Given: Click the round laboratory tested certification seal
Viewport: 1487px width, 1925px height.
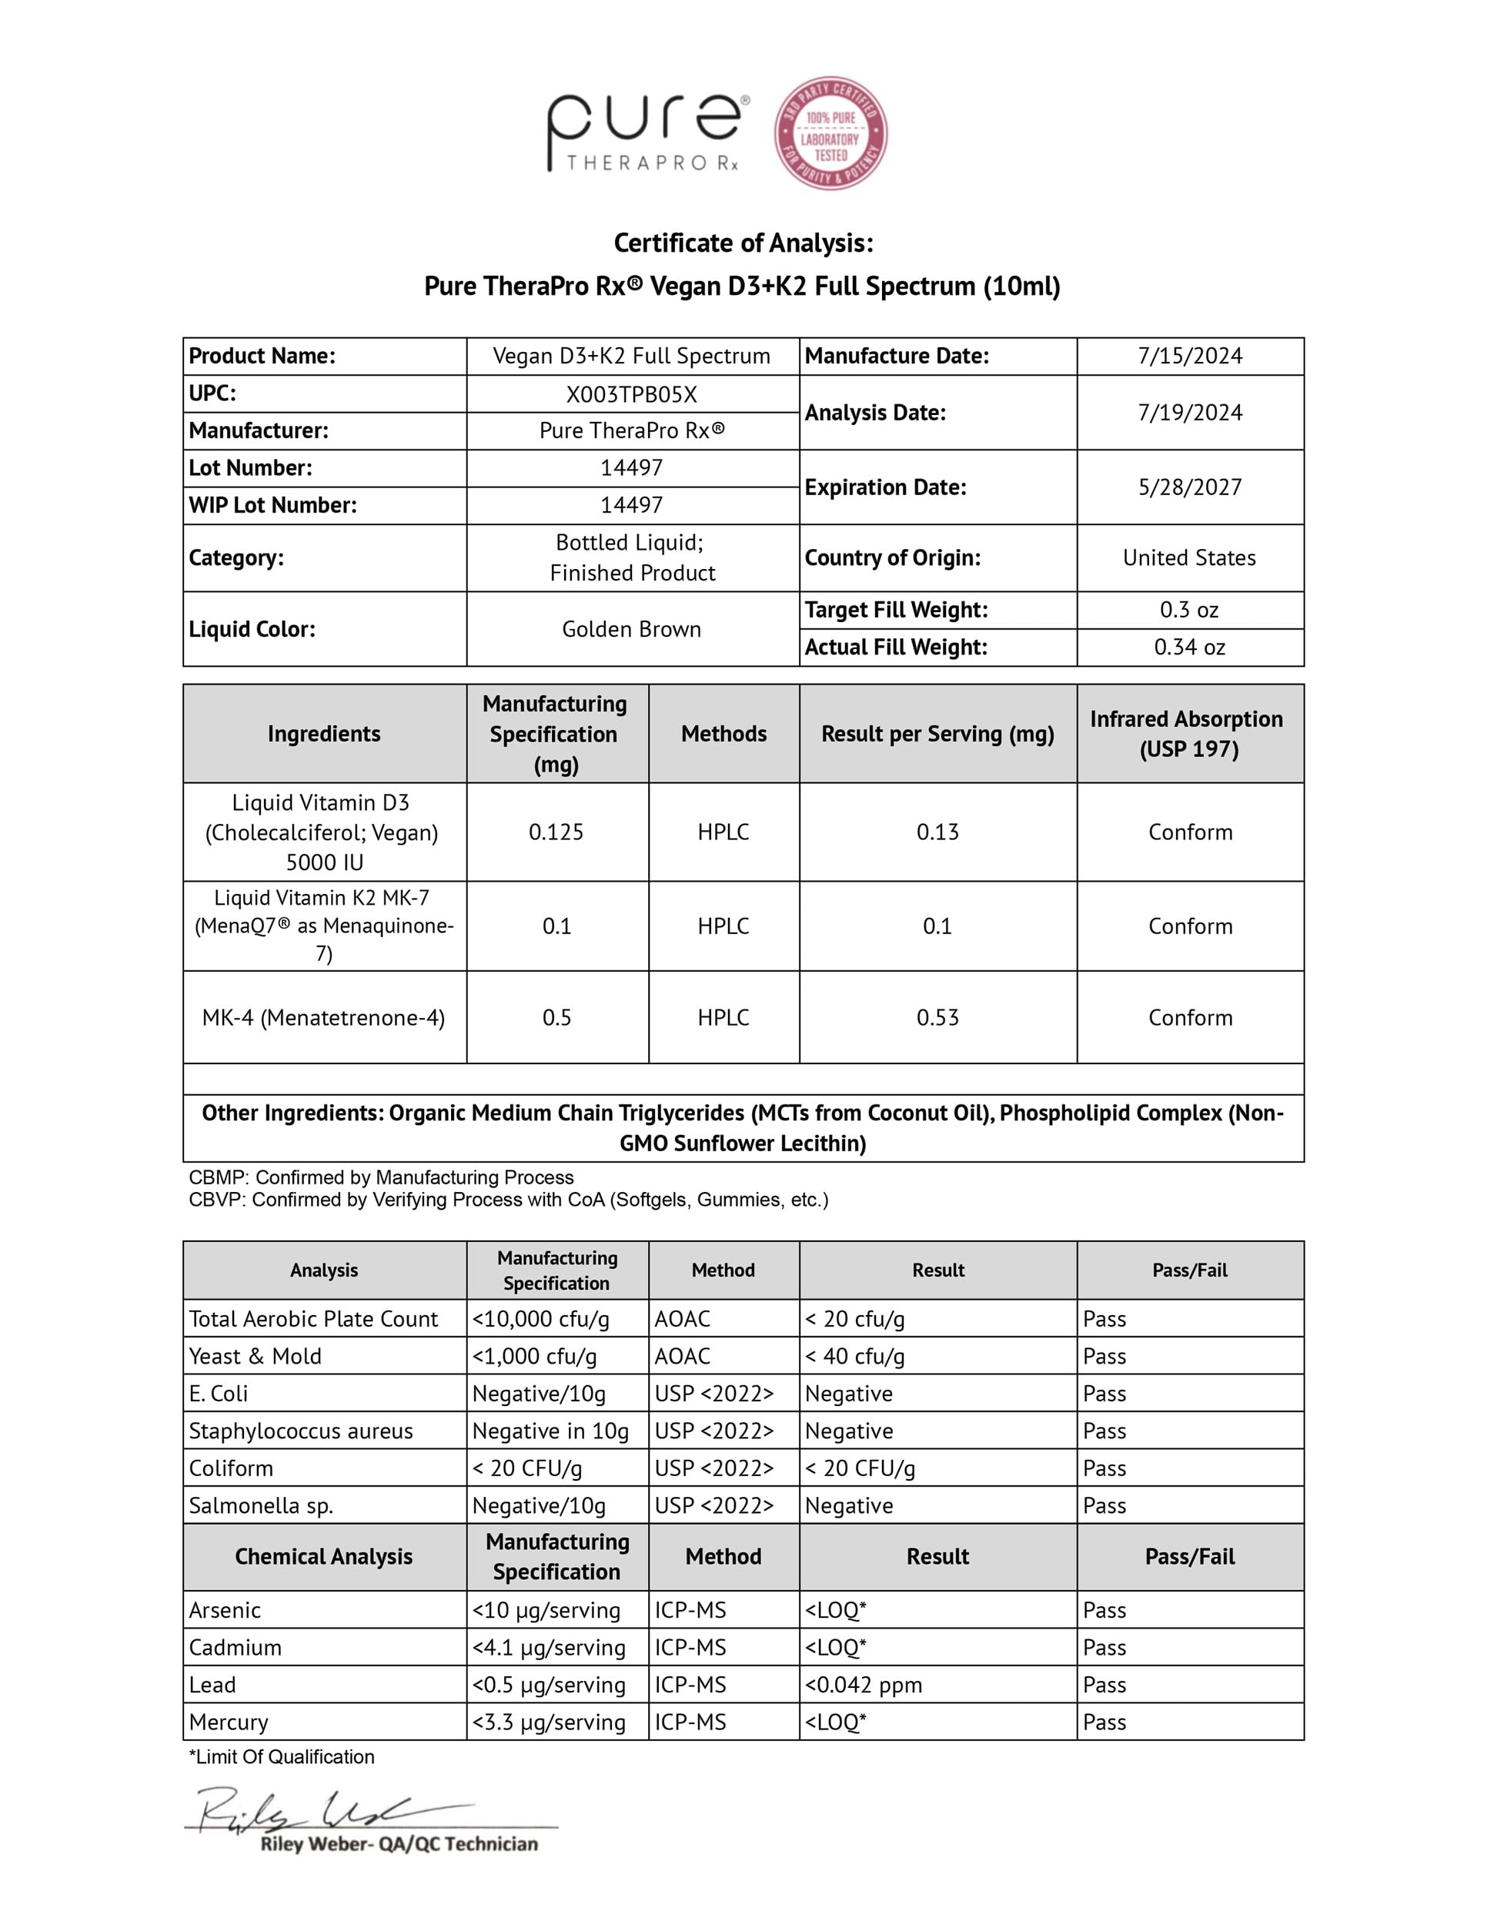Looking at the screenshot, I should (x=830, y=133).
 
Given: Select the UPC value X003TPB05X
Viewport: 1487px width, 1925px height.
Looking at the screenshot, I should (x=632, y=394).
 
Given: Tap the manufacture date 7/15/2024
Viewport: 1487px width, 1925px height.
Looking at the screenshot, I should (x=1189, y=356).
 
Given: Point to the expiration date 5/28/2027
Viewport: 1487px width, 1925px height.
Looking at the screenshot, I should (x=1189, y=487).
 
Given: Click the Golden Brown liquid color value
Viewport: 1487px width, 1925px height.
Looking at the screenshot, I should (x=632, y=629).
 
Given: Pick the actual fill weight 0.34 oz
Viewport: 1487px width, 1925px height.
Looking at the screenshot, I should (x=1189, y=648).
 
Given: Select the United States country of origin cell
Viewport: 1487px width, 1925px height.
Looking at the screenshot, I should (x=1189, y=558).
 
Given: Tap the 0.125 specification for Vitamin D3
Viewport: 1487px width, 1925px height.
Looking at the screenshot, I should (x=556, y=832).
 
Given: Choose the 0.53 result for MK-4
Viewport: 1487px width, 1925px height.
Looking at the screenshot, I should (x=937, y=1018).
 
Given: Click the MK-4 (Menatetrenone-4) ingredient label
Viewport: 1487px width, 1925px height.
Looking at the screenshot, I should (x=323, y=1018).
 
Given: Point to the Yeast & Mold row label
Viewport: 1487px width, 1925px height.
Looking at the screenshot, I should (x=256, y=1357).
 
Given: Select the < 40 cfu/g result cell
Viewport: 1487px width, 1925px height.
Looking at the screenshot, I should (x=855, y=1357).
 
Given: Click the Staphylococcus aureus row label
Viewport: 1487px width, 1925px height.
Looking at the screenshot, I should (x=300, y=1431).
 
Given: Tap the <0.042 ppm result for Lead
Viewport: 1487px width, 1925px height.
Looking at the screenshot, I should (x=864, y=1686).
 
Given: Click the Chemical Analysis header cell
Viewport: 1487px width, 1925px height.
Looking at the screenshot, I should (x=323, y=1557).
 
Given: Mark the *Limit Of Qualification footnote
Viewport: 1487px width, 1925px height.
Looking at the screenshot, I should (x=281, y=1758).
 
